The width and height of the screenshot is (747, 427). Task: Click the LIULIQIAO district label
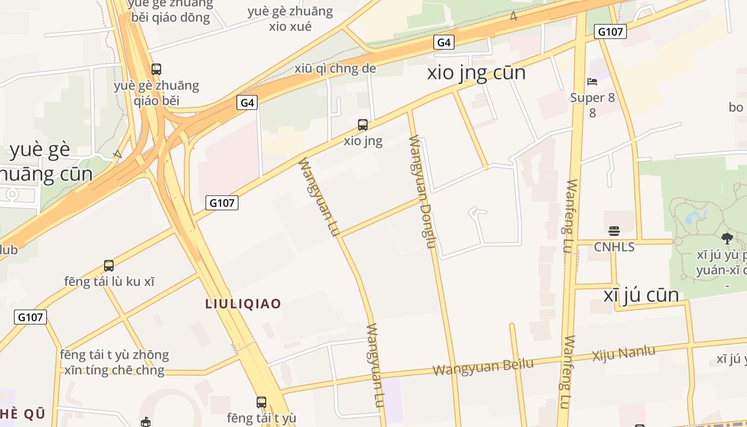243,304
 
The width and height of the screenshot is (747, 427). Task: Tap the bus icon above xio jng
363,125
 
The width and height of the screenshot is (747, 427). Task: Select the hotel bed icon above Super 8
592,82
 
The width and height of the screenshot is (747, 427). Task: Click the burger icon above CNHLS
614,231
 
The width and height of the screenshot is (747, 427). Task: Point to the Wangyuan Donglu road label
423,192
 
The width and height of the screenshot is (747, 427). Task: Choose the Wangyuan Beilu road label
482,367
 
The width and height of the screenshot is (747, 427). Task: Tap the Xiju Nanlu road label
623,353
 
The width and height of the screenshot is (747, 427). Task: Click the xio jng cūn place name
476,73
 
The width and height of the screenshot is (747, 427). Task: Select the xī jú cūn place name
641,295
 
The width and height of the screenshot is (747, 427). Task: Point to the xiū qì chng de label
335,68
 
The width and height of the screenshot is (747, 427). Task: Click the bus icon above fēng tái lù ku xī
109,265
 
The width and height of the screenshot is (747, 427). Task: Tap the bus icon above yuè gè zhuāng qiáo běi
156,69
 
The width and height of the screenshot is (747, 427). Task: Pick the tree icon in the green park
727,238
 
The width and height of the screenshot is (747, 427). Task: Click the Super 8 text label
592,98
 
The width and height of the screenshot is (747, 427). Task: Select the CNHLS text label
614,247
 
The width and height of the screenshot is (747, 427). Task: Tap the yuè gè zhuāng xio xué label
290,19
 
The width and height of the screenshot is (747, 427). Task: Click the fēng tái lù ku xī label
109,281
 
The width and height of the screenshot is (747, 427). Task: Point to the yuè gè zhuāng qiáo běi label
156,93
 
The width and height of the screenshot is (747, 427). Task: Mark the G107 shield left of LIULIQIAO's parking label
30,317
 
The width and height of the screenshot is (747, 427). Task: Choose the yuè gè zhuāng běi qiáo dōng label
171,11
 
